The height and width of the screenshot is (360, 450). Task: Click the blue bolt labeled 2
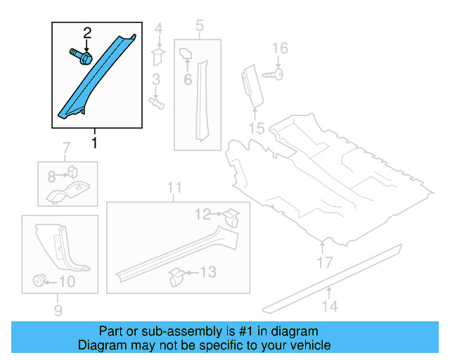pos(79,56)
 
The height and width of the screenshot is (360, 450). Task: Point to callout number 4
pos(158,29)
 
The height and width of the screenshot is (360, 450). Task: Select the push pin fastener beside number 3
pos(157,103)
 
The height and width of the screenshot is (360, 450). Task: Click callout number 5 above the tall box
pos(200,27)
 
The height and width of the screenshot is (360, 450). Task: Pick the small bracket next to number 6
pos(187,53)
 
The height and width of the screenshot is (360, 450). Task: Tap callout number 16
pos(280,48)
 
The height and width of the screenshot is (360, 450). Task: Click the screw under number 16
pos(274,73)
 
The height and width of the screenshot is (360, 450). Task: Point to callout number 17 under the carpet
pos(324,264)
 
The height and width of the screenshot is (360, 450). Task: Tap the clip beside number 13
pos(176,275)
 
